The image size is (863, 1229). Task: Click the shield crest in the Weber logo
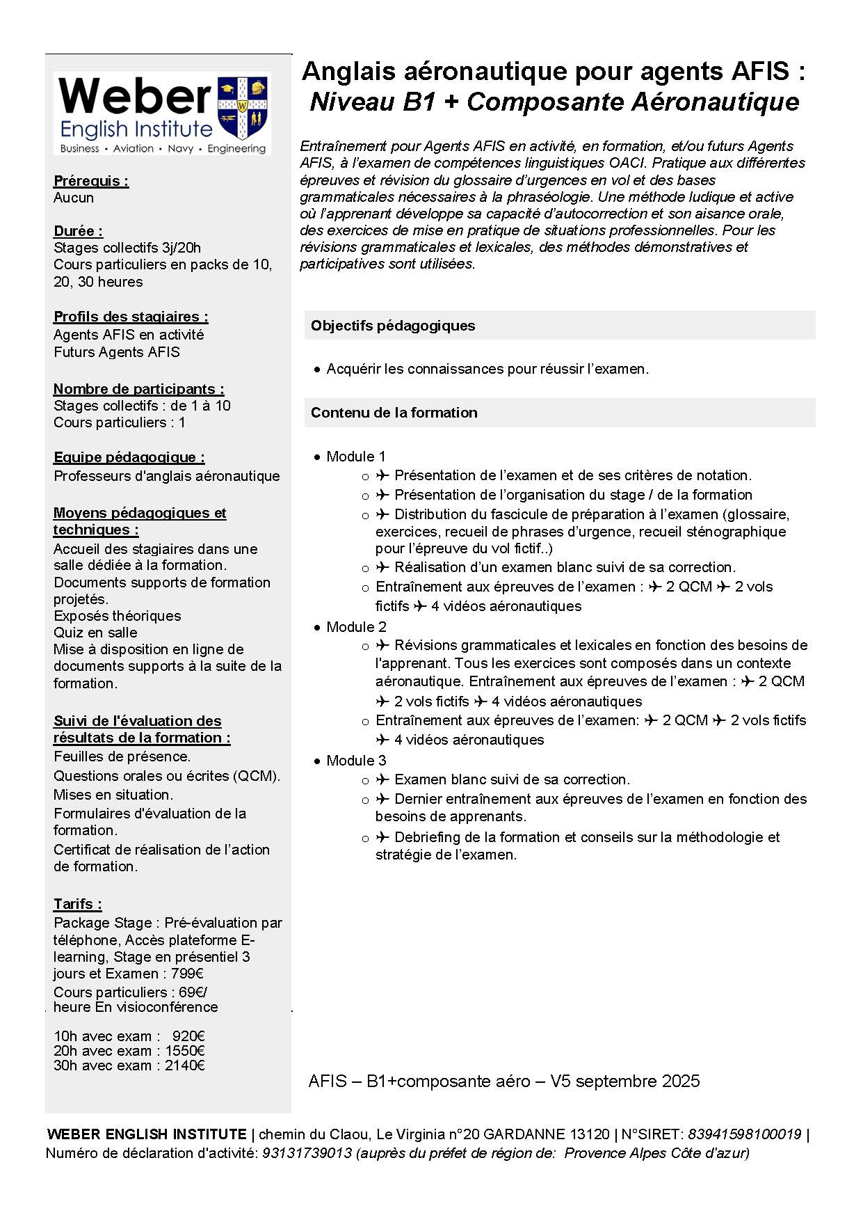(243, 109)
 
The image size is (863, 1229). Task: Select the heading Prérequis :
(91, 181)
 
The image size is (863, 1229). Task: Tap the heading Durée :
(78, 231)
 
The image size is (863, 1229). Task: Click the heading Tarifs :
(78, 904)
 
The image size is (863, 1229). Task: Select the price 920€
(188, 1036)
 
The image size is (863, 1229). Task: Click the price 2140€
(185, 1065)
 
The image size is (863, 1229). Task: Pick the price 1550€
(185, 1051)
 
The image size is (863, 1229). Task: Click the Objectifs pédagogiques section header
(393, 326)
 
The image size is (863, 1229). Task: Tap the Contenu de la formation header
(394, 413)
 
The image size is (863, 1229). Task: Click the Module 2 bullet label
(356, 626)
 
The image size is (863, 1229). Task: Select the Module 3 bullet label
(356, 760)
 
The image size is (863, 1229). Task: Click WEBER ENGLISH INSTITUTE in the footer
(147, 1134)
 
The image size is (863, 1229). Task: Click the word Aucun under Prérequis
(74, 198)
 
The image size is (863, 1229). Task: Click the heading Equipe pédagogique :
(129, 457)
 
